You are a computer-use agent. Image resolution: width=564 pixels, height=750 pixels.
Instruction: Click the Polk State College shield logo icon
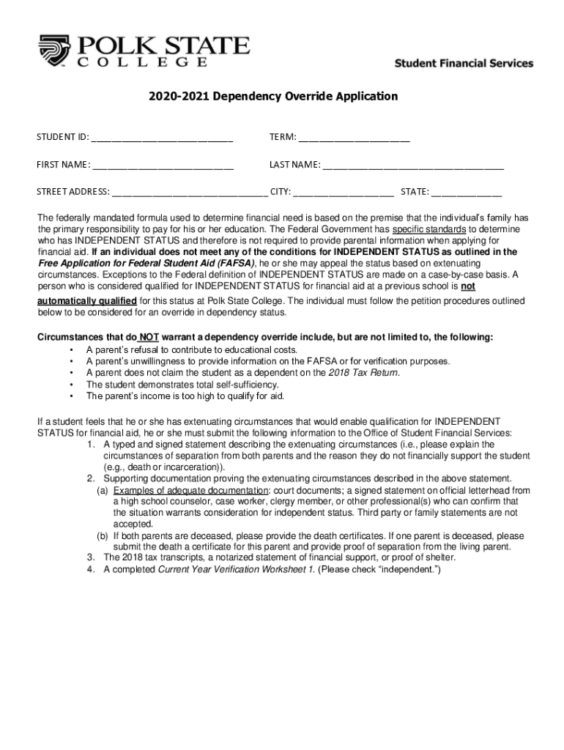point(54,51)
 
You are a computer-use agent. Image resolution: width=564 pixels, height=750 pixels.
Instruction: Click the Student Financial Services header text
point(464,64)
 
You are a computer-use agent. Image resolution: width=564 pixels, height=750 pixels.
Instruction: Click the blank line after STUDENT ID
point(163,138)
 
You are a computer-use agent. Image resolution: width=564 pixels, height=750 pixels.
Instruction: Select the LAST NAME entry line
point(414,165)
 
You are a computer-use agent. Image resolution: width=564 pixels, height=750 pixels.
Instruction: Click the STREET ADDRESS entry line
point(190,193)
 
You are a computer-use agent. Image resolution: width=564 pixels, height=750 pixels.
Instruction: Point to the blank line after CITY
point(344,193)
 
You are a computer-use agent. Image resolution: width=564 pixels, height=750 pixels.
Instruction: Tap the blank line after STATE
point(467,193)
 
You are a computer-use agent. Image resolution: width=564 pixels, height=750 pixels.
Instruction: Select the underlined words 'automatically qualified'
point(87,300)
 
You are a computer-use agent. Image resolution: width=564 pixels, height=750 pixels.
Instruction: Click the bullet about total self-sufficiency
point(182,385)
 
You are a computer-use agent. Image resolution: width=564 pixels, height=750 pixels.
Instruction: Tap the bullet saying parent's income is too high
point(185,396)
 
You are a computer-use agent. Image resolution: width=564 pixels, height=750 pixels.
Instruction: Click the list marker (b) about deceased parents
point(103,536)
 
